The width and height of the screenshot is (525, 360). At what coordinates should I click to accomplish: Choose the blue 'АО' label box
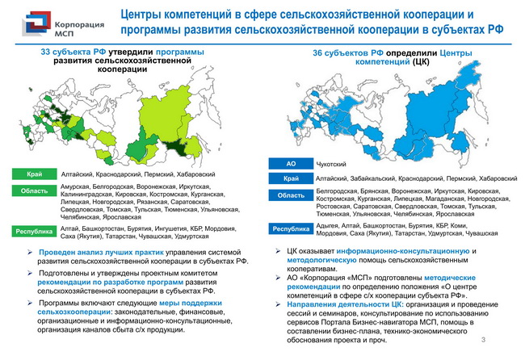291,164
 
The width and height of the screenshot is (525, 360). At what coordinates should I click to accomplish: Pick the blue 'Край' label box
291,178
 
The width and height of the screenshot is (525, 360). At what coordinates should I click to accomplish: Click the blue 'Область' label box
291,195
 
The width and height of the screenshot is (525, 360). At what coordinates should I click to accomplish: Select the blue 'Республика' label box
291,228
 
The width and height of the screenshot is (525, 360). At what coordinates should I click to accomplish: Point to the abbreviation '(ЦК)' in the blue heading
420,62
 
